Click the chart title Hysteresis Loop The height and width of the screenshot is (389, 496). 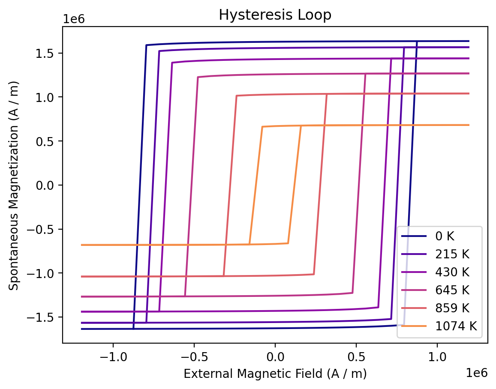[275, 15]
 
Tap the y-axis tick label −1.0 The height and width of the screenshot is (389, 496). [43, 273]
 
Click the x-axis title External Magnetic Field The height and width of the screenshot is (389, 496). [275, 374]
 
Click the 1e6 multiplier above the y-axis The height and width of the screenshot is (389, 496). [73, 20]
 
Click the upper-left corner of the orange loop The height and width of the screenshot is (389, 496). [262, 127]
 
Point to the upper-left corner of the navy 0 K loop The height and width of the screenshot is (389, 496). [146, 45]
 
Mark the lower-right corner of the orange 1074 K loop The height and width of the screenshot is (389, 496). [288, 243]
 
